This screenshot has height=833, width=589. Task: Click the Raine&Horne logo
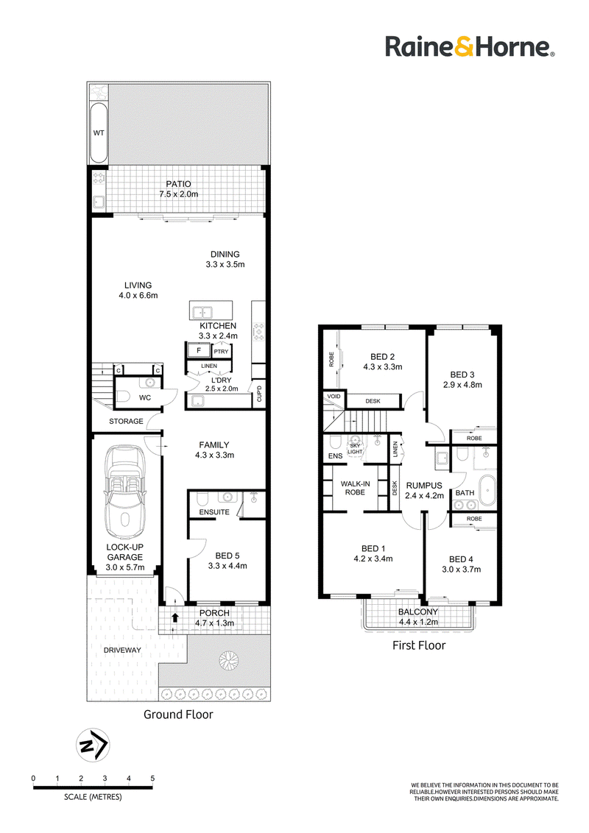470,47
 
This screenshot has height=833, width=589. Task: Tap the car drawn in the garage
125,492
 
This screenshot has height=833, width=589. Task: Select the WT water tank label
99,132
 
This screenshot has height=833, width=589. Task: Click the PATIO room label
179,184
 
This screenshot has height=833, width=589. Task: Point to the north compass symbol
93,745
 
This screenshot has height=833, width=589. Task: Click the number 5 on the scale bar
152,779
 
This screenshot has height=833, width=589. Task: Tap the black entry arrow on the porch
175,618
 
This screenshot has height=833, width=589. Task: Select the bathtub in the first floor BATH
487,490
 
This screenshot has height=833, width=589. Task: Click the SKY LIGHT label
355,449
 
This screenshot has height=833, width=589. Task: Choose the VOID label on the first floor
334,397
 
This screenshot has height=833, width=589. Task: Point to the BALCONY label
418,612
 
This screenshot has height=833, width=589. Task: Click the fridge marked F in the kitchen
199,350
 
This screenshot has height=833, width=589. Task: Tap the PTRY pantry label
221,352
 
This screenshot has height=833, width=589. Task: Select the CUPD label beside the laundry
259,394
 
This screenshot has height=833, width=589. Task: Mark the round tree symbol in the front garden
228,660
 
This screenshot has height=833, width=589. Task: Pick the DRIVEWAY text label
122,651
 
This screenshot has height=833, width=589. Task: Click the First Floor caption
419,645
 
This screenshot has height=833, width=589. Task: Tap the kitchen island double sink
202,311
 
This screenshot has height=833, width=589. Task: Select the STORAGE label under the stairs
126,421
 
